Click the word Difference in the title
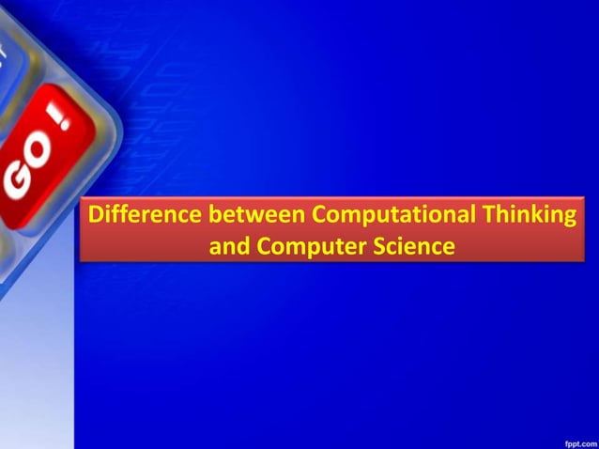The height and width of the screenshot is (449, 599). [144, 215]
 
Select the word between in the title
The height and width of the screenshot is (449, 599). [255, 215]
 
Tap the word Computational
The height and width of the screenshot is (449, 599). [394, 215]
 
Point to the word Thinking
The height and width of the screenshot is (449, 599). [530, 215]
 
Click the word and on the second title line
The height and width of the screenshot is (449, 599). [229, 246]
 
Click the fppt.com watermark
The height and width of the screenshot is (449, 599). [577, 441]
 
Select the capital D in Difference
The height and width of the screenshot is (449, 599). [96, 215]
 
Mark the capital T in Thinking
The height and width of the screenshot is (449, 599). [491, 215]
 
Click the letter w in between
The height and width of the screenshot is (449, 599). [253, 215]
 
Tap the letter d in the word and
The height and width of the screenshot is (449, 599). [242, 246]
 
